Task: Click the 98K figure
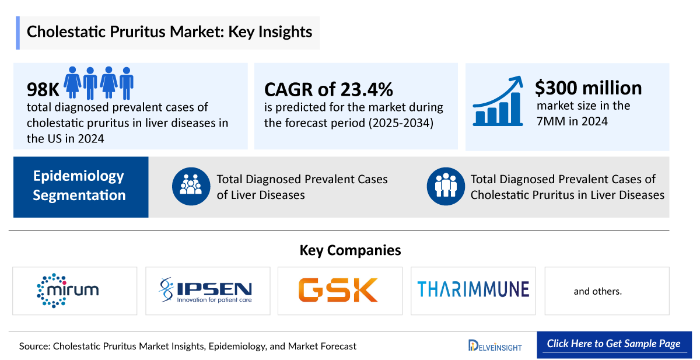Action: (43, 89)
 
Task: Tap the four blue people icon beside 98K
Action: (99, 82)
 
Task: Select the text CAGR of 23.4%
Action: (328, 89)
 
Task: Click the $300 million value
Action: (588, 88)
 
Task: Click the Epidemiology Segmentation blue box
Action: (80, 186)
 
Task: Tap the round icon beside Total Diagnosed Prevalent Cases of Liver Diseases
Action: (191, 186)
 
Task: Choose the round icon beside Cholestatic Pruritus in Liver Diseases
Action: (446, 186)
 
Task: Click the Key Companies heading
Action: (350, 250)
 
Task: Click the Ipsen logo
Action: (208, 291)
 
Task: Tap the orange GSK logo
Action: (339, 290)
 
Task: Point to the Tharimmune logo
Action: (473, 289)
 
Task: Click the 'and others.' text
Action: (598, 291)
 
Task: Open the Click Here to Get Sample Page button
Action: (614, 344)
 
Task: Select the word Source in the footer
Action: (33, 346)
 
